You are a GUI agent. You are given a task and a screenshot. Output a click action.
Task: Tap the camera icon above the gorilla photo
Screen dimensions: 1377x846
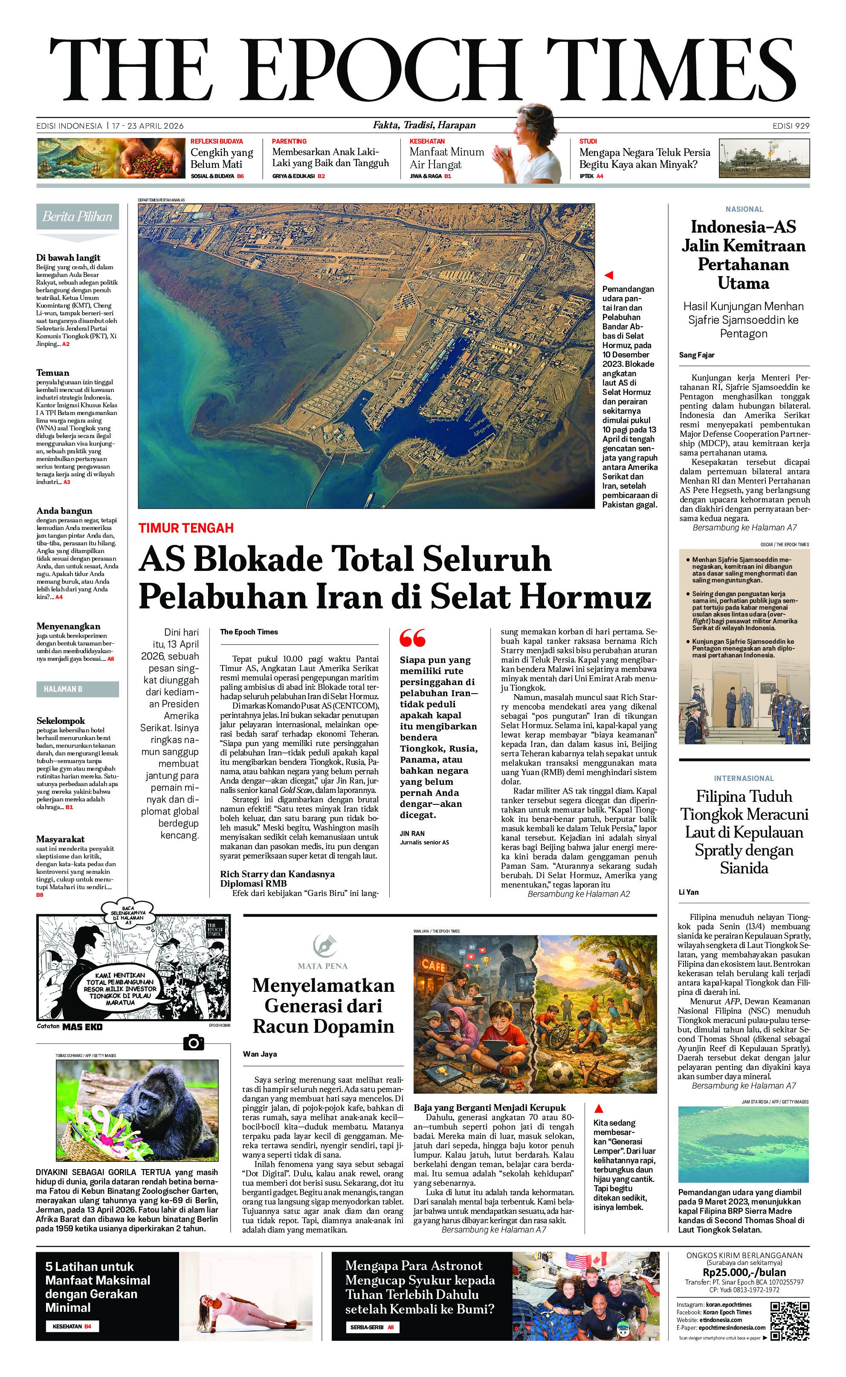[194, 1043]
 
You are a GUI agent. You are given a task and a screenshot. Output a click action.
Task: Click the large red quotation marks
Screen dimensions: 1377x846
[412, 638]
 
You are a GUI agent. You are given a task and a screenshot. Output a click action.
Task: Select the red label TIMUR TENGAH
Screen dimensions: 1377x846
[186, 528]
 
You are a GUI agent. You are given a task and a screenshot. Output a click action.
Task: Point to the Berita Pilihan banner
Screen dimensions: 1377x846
[77, 217]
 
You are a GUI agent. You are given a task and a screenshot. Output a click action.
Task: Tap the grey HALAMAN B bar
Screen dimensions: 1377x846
[77, 689]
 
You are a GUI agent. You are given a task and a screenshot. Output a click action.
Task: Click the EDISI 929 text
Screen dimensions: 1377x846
[791, 126]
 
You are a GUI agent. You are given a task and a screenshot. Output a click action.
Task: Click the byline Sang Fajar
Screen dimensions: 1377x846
[697, 355]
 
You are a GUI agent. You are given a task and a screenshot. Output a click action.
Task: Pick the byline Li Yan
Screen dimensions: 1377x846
[688, 892]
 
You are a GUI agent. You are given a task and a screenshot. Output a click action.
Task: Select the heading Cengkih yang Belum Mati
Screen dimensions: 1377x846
[222, 158]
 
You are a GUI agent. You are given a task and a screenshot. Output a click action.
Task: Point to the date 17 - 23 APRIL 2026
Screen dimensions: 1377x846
[148, 126]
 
